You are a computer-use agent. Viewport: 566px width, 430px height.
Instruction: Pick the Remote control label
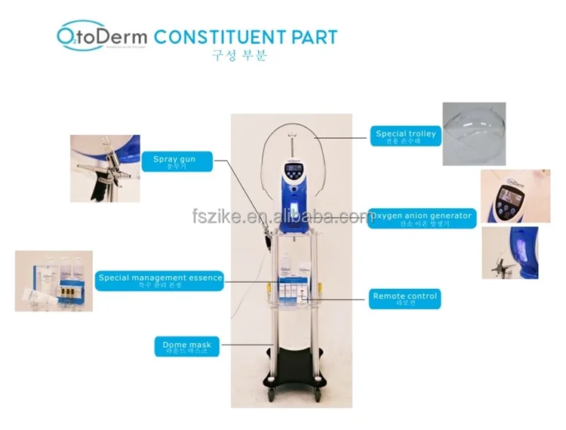(x=405, y=299)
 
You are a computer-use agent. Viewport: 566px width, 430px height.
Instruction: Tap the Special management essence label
(x=161, y=280)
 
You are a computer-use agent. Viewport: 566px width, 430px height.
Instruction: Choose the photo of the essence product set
(x=54, y=281)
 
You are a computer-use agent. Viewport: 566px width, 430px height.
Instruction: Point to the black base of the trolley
(x=291, y=367)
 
